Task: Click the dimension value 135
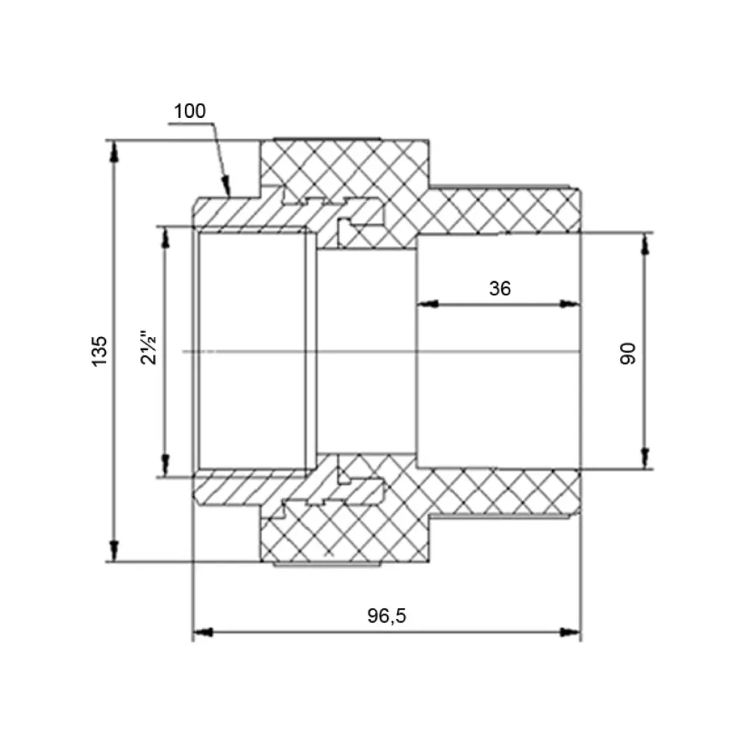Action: (99, 351)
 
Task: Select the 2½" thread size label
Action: (148, 348)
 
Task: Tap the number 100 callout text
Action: (189, 111)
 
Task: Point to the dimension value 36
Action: (500, 288)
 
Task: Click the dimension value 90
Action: (628, 353)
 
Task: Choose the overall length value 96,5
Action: (386, 616)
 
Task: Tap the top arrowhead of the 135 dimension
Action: (113, 151)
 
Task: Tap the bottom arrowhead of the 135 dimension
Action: (113, 551)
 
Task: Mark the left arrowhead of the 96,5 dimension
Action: (203, 633)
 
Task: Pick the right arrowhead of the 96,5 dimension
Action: (570, 633)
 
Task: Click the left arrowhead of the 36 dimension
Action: (427, 304)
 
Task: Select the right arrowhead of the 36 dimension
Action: (570, 304)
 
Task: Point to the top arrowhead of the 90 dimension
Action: (645, 244)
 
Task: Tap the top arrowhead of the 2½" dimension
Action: (166, 237)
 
